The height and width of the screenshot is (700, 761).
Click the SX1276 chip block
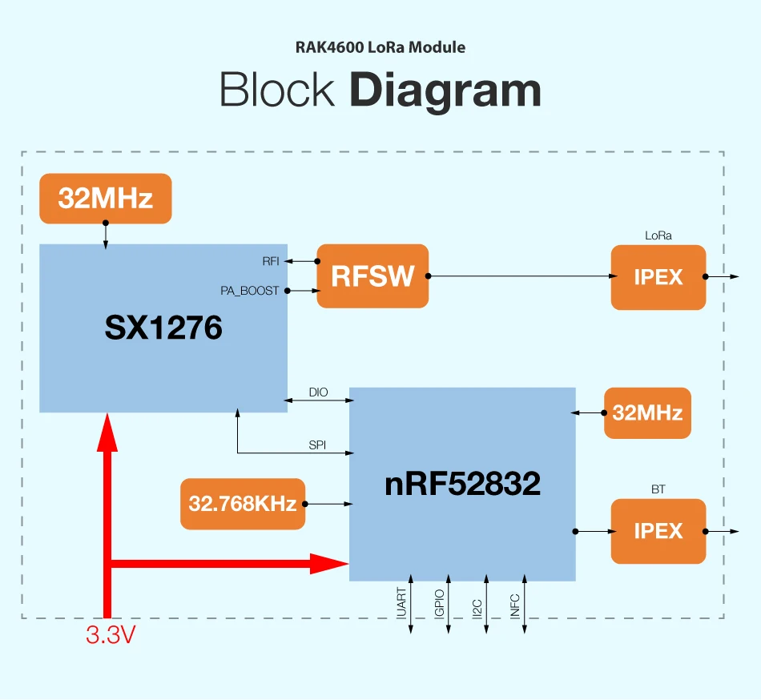pos(163,328)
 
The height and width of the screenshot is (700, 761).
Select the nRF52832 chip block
pos(462,484)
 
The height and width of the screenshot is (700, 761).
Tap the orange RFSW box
pos(372,276)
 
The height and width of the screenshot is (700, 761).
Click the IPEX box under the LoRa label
pos(658,277)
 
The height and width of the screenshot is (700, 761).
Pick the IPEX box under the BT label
pos(658,531)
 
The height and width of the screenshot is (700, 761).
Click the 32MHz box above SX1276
pos(105,199)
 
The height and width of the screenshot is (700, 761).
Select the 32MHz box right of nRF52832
pos(647,413)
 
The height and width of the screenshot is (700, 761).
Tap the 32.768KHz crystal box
pos(243,504)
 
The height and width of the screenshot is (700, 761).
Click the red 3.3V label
pos(111,636)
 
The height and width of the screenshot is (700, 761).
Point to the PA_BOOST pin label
pos(249,291)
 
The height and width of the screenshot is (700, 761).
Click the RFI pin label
pos(271,261)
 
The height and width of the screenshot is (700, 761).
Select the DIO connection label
pos(318,392)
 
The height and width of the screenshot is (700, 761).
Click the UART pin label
pos(401,602)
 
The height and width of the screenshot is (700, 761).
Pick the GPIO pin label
pos(439,602)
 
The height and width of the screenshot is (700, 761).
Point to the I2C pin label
pos(477,605)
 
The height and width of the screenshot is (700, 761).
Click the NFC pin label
pos(515,604)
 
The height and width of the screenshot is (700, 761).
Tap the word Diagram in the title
pos(445,91)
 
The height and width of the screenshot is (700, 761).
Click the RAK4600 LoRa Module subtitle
pos(380,47)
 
